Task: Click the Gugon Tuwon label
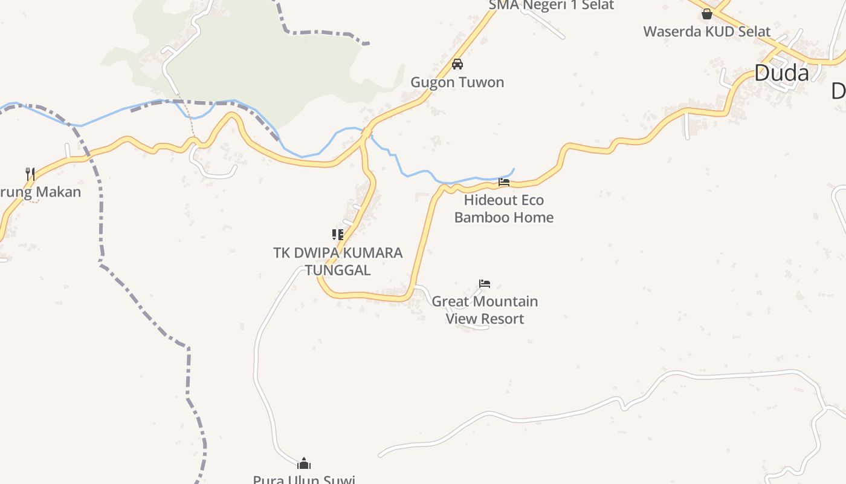tap(457, 82)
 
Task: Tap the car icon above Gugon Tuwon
tap(457, 64)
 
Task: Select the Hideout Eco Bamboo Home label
tap(503, 209)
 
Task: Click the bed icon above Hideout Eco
tap(504, 181)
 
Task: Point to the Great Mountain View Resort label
tap(485, 310)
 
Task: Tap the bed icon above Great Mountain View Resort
tap(485, 283)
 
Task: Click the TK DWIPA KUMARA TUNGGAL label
tap(338, 261)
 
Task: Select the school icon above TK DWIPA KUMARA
tap(338, 235)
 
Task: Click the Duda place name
tap(781, 73)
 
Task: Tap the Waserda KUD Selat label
tap(706, 31)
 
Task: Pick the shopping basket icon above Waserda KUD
tap(707, 13)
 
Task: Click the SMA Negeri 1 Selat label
tap(551, 5)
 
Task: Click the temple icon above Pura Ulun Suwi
tap(304, 464)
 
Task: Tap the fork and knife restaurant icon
tap(30, 174)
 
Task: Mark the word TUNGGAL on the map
tap(338, 270)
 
